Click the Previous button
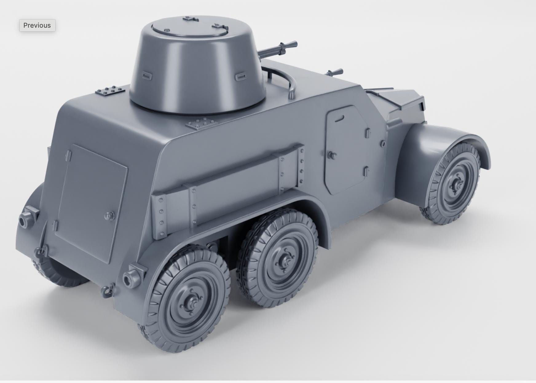pos(37,26)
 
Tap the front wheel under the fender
pos(453,184)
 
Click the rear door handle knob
pos(109,215)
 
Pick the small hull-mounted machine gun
pos(335,73)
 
